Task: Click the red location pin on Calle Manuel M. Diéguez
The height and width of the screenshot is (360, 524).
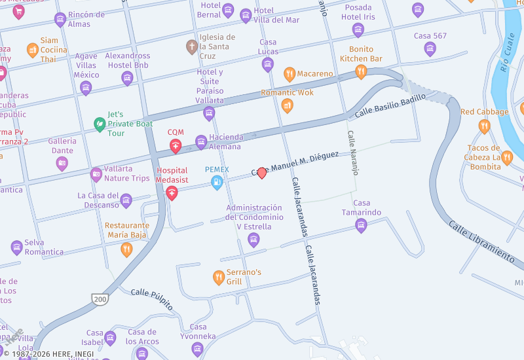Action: (x=262, y=173)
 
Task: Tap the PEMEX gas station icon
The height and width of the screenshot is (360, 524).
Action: (x=217, y=183)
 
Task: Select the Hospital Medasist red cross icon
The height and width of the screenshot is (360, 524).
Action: (x=172, y=192)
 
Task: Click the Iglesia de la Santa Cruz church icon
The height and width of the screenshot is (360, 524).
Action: (x=191, y=46)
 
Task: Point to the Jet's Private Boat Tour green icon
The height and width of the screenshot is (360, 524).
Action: (x=100, y=123)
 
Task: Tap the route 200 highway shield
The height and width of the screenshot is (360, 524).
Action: (x=100, y=299)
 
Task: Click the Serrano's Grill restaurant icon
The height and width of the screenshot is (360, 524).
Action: (x=219, y=278)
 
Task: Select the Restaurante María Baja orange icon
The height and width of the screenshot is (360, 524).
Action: (x=126, y=249)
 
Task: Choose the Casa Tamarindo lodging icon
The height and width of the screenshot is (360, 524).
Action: (x=361, y=226)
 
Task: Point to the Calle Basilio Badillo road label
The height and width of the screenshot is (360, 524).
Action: (x=390, y=106)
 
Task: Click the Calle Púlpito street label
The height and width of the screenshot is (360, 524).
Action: (x=151, y=299)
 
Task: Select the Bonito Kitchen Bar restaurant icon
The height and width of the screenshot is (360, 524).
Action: (x=360, y=72)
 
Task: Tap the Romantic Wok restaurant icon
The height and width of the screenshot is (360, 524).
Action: (x=287, y=105)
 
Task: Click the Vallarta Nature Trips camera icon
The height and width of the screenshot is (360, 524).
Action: (x=96, y=173)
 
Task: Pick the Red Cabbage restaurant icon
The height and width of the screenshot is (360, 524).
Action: (x=484, y=126)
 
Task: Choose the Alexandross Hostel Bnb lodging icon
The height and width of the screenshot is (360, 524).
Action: (x=127, y=79)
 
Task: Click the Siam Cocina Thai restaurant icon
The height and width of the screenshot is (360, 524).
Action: (x=32, y=50)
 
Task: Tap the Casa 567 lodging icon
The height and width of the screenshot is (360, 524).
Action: (x=430, y=48)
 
